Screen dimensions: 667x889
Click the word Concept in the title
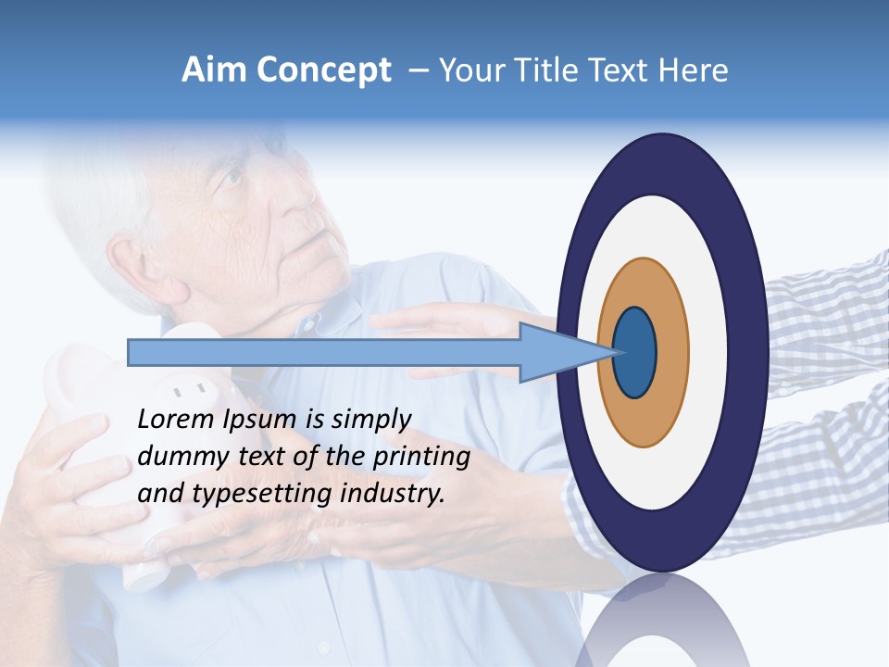(323, 70)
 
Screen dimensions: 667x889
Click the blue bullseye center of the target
(634, 353)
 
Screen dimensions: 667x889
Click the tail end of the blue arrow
(131, 353)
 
